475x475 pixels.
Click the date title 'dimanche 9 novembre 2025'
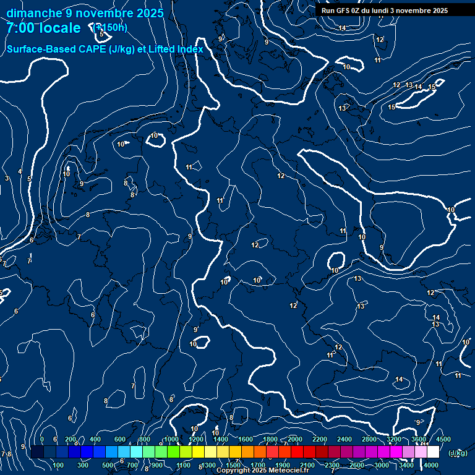[85, 13]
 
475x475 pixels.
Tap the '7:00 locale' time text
[43, 28]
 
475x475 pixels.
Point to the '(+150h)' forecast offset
[109, 28]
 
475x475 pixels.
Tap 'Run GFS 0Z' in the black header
[341, 11]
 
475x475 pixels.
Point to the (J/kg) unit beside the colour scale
[458, 453]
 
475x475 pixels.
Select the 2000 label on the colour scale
[296, 439]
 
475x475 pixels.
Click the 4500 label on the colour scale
[443, 439]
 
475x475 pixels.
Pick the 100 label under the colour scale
[59, 465]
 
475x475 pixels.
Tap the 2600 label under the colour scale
[357, 465]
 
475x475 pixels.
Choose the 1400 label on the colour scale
[221, 439]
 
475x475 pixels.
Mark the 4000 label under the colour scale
[431, 465]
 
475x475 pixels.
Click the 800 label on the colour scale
[145, 439]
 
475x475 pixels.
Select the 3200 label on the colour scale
[394, 439]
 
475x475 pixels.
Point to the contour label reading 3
[7, 179]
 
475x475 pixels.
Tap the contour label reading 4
[20, 172]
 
